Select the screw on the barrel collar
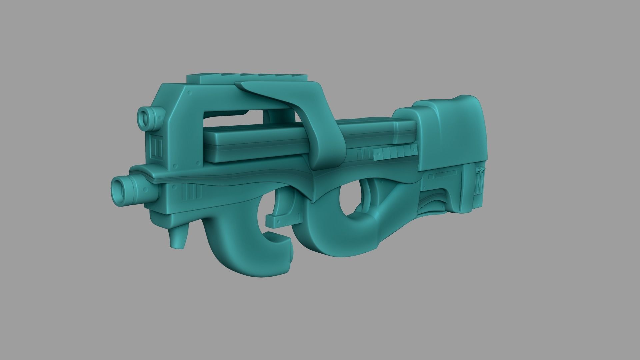tap(145, 191)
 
